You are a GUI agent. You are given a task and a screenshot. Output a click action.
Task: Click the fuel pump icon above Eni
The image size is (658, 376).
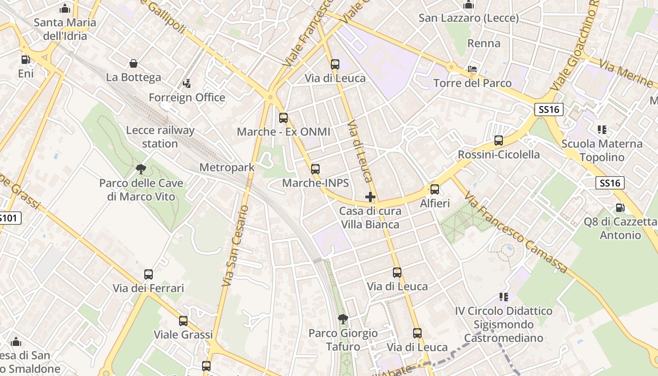pos(26,60)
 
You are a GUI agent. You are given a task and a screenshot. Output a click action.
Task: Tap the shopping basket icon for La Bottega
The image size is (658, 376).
pos(133,63)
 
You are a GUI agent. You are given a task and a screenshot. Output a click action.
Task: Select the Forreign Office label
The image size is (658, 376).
pos(187,97)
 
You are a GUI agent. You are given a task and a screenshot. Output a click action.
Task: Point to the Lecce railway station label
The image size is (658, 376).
pos(161,137)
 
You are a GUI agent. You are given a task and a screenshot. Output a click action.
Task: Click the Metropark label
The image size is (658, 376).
pos(227,167)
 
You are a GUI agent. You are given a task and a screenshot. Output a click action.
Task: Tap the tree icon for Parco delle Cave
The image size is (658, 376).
pos(141,169)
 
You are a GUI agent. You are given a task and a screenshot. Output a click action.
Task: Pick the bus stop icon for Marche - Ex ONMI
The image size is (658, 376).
pos(283,118)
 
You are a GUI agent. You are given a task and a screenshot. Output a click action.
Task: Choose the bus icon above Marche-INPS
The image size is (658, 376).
pos(315,169)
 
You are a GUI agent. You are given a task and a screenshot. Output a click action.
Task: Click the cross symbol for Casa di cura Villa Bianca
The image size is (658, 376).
pos(370,197)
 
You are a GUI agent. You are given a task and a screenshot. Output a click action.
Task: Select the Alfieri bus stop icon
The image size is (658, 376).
pos(435,189)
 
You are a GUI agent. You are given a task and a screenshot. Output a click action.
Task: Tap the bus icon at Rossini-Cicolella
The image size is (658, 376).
pos(499,141)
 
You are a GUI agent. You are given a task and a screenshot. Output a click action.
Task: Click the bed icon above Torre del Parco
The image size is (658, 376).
pos(472,70)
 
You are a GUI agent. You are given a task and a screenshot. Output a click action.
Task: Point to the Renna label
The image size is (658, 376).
pos(484,43)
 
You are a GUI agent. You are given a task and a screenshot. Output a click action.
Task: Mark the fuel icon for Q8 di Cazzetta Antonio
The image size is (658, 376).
pos(620,207)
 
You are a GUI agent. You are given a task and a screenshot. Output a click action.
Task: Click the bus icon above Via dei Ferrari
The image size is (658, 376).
pos(149,274)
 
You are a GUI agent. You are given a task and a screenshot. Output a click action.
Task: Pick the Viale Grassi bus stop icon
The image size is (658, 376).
pos(183,321)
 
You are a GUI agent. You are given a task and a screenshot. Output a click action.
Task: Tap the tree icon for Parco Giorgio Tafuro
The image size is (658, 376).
pos(343,319)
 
